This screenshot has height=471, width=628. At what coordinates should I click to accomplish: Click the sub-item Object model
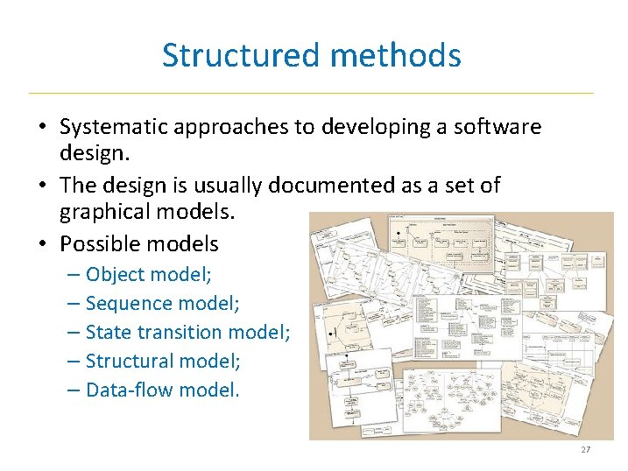148,275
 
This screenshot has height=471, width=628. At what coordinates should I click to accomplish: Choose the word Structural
128,361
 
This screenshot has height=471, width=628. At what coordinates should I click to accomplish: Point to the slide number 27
586,450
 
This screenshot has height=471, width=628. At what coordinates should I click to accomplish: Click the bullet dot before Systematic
42,128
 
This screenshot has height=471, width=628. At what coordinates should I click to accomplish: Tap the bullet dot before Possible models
42,244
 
